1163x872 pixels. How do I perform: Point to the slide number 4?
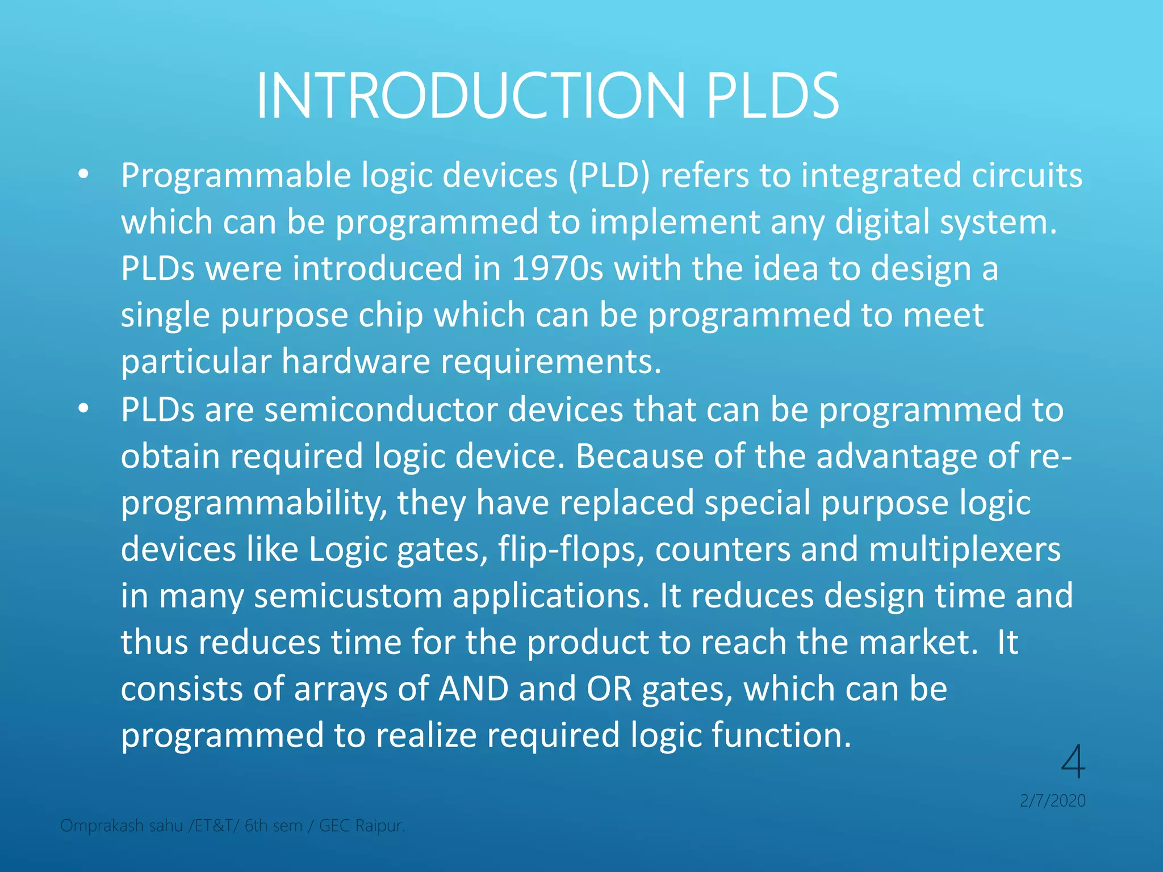coord(1073,762)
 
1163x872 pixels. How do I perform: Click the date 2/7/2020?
coord(1052,800)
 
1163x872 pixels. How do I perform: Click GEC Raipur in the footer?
coord(362,825)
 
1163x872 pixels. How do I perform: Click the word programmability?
coord(254,503)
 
